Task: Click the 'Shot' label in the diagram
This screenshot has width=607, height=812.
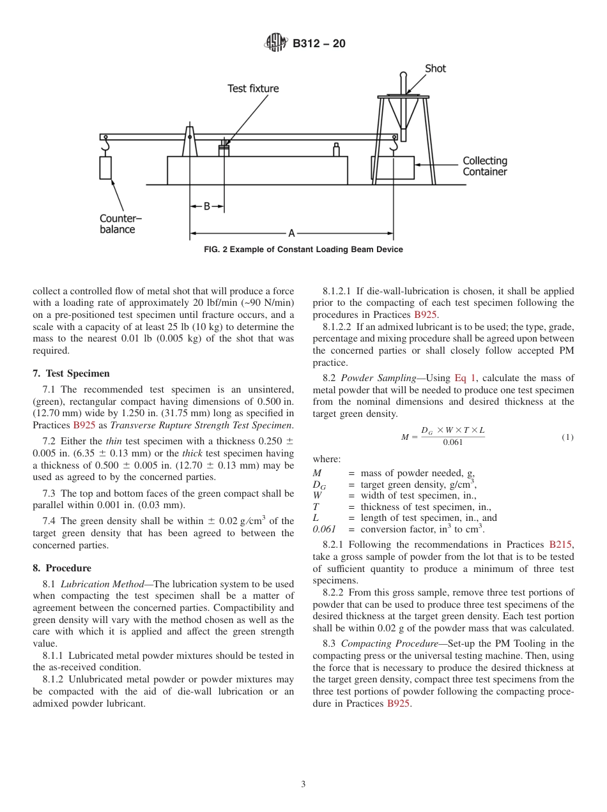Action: (x=435, y=68)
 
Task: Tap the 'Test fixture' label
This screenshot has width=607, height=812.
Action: (x=253, y=89)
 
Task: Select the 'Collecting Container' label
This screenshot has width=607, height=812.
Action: (x=485, y=166)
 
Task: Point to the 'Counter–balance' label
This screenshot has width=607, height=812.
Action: (x=120, y=224)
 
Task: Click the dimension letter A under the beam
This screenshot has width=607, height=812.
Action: (x=291, y=234)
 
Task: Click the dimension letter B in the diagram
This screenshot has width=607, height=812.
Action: (x=206, y=207)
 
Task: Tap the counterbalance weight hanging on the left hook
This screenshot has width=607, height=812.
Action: (x=105, y=167)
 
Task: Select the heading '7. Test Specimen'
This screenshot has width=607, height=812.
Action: (x=71, y=373)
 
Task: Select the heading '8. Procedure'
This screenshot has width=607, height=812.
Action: (x=62, y=568)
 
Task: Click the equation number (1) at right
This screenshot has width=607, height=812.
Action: (x=567, y=437)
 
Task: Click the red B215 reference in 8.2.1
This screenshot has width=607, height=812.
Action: (x=561, y=545)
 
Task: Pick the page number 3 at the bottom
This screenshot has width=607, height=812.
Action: (x=303, y=785)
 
